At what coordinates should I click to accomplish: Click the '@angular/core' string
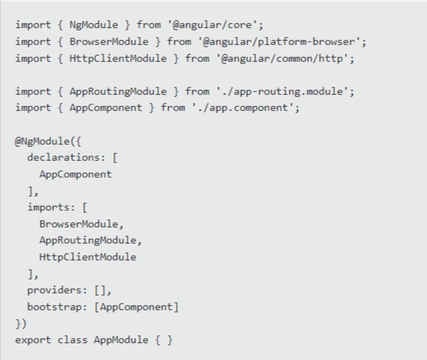pos(215,25)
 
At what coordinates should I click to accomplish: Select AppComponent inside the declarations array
pos(75,174)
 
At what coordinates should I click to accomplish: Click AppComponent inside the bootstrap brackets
pos(136,307)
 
